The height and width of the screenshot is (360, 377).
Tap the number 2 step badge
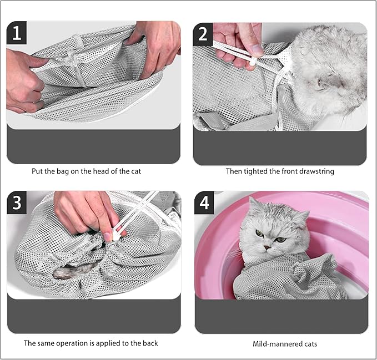point(203,33)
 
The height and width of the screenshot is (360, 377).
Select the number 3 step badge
point(17,202)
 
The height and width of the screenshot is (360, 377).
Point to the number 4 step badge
point(204,202)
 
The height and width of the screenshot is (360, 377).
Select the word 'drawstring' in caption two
point(315,171)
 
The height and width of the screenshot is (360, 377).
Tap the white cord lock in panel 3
point(117,235)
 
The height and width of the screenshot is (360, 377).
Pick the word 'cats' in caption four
point(309,344)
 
